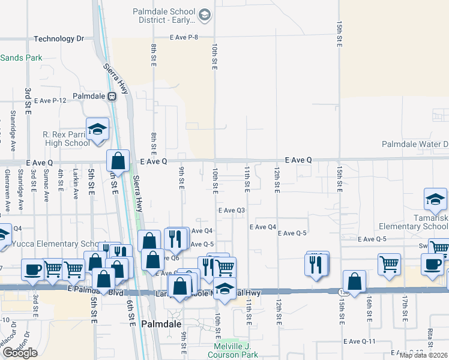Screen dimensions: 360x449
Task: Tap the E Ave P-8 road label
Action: pyautogui.click(x=184, y=37)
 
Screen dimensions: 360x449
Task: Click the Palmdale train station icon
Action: pyautogui.click(x=112, y=96)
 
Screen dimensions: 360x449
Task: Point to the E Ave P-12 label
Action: pyautogui.click(x=50, y=100)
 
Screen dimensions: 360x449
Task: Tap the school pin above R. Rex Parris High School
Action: pyautogui.click(x=97, y=130)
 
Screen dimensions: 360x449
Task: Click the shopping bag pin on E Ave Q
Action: pyautogui.click(x=118, y=160)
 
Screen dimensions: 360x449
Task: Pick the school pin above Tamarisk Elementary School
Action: pyautogui.click(x=435, y=199)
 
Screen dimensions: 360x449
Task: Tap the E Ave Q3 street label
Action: pyautogui.click(x=232, y=210)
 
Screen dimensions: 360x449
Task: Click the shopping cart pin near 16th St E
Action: pyautogui.click(x=389, y=264)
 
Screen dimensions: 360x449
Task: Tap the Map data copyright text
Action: pyautogui.click(x=423, y=355)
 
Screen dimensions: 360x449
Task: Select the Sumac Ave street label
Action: pyautogui.click(x=46, y=188)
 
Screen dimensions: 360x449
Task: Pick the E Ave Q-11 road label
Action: pyautogui.click(x=360, y=341)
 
